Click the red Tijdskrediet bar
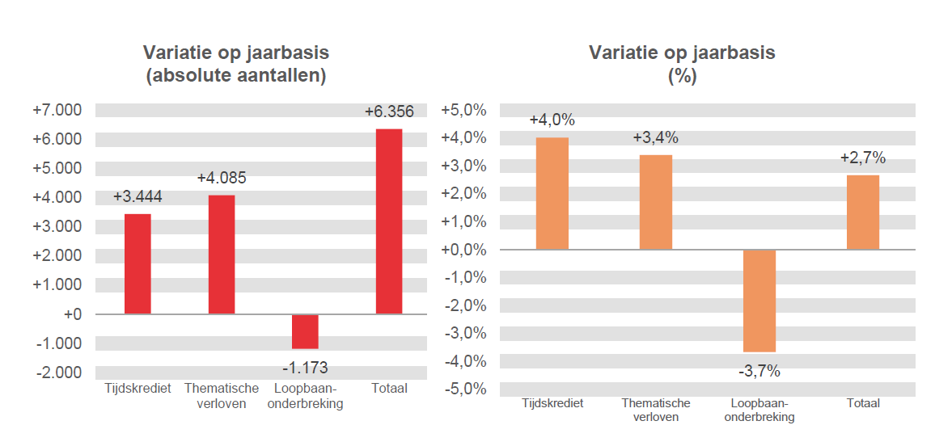click(137, 263)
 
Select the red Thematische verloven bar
click(222, 254)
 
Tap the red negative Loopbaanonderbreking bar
click(305, 331)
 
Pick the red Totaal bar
click(389, 221)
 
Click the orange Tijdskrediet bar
click(552, 193)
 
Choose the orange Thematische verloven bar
click(656, 202)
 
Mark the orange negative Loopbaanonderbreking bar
click(759, 301)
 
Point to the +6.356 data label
click(389, 112)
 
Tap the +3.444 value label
click(137, 196)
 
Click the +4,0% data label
click(552, 120)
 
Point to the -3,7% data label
click(759, 372)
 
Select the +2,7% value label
click(863, 158)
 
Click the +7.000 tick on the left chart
click(57, 110)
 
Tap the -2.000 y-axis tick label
click(59, 373)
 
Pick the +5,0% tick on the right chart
click(463, 110)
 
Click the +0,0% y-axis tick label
click(463, 250)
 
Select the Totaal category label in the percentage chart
click(863, 403)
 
